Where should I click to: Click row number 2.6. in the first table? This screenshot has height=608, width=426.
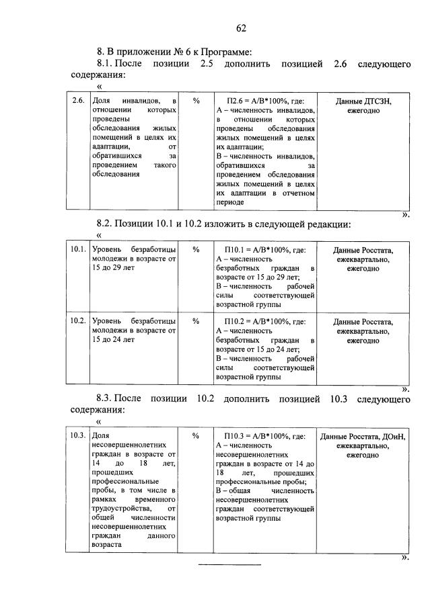pyautogui.click(x=78, y=101)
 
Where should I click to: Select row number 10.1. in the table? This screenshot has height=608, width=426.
pyautogui.click(x=78, y=250)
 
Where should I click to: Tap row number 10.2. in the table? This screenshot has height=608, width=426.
pyautogui.click(x=78, y=321)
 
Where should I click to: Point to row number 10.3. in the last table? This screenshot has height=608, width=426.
pyautogui.click(x=78, y=435)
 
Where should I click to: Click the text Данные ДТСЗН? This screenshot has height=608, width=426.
pyautogui.click(x=363, y=101)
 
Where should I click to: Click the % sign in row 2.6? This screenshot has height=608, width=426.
pyautogui.click(x=196, y=101)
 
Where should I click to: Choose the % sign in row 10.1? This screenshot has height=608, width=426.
pyautogui.click(x=196, y=250)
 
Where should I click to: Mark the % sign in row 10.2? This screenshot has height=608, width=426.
pyautogui.click(x=196, y=321)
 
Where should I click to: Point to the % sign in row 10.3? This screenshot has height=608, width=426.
pyautogui.click(x=196, y=435)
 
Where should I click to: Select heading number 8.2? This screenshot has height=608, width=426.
pyautogui.click(x=108, y=223)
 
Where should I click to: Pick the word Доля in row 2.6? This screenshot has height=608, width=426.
pyautogui.click(x=100, y=101)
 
